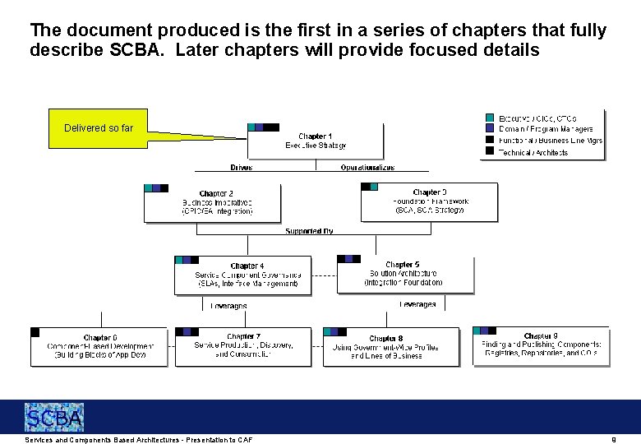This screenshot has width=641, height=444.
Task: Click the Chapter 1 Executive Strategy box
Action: (316, 141)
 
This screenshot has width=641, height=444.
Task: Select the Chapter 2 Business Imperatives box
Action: (212, 202)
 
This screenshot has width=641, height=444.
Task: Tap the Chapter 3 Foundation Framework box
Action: (429, 201)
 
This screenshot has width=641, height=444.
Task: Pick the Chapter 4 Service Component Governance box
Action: (243, 275)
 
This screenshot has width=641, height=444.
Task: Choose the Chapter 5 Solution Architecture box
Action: (405, 274)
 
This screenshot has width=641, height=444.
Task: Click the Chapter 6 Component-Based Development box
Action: (99, 346)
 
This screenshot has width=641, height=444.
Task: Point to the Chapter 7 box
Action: (243, 346)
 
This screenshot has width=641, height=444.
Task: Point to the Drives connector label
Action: (242, 168)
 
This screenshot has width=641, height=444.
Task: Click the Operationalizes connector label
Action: (367, 168)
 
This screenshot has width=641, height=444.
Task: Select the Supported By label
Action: (309, 231)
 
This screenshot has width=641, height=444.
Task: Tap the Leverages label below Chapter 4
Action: (228, 305)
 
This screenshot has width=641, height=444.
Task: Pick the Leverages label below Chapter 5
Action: (417, 304)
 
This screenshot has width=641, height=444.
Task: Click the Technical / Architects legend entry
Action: (533, 152)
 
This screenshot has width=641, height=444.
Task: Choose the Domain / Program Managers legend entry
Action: (546, 129)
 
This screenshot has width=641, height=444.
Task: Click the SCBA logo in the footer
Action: (53, 418)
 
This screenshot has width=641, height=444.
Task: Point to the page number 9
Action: (613, 440)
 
